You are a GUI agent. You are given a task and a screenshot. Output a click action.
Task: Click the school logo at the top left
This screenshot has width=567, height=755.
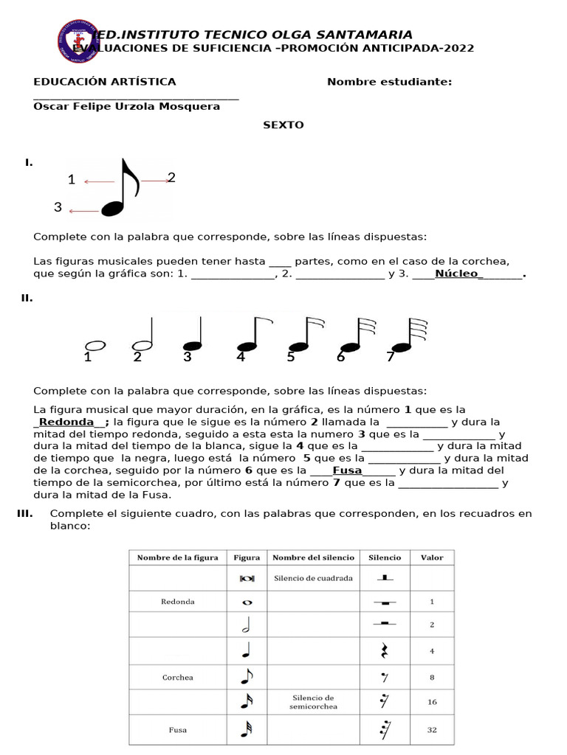[x=77, y=41]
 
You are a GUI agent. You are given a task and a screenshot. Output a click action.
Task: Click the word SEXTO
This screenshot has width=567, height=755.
[x=283, y=125]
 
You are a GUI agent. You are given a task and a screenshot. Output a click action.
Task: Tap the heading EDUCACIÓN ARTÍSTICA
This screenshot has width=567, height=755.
[x=105, y=82]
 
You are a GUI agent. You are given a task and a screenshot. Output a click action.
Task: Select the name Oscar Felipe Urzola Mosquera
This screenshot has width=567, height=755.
[x=127, y=106]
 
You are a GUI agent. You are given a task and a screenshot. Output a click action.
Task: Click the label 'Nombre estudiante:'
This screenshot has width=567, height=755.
[x=389, y=82]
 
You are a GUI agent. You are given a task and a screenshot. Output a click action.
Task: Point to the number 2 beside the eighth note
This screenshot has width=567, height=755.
[x=171, y=177]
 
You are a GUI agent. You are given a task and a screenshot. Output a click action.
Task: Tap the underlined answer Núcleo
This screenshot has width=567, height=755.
[x=458, y=274]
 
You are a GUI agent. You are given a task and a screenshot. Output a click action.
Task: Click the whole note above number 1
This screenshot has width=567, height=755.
[x=96, y=345]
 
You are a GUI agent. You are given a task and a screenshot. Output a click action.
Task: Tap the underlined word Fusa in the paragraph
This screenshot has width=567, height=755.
[x=347, y=470]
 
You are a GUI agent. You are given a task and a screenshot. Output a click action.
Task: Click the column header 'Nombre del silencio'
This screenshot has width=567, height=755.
[x=313, y=557]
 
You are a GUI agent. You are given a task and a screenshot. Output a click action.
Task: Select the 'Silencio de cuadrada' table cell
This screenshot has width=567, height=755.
[x=313, y=578]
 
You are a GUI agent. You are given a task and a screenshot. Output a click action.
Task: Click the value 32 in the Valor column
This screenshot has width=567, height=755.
[x=432, y=730]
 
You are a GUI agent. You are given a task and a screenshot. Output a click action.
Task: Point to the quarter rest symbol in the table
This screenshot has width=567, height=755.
[x=384, y=651]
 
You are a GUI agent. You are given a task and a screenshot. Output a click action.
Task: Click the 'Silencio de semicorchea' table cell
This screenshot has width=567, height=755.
[x=313, y=702]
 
